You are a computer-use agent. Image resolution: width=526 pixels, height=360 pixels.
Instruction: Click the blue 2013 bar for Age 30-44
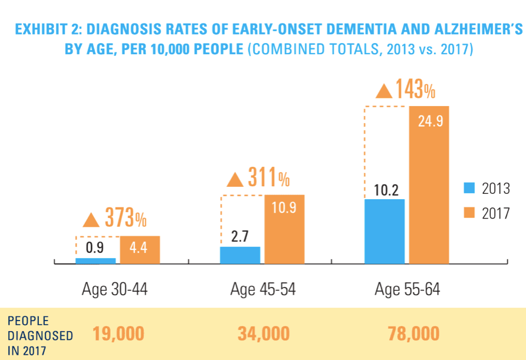pos(96,260)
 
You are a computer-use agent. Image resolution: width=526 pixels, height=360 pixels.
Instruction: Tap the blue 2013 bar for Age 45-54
pos(240,255)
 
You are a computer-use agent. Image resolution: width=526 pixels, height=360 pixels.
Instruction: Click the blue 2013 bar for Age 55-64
pos(384,231)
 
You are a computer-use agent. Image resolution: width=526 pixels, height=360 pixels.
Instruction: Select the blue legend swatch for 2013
pos(469,189)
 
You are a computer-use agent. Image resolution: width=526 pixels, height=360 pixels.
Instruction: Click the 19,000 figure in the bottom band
pos(118,334)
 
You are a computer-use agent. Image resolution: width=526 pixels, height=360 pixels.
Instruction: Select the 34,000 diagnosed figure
pos(264,334)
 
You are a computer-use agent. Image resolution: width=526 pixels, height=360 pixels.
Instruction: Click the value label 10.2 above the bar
pos(386,190)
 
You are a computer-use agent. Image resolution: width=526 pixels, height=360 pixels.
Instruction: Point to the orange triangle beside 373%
pos(91,220)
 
